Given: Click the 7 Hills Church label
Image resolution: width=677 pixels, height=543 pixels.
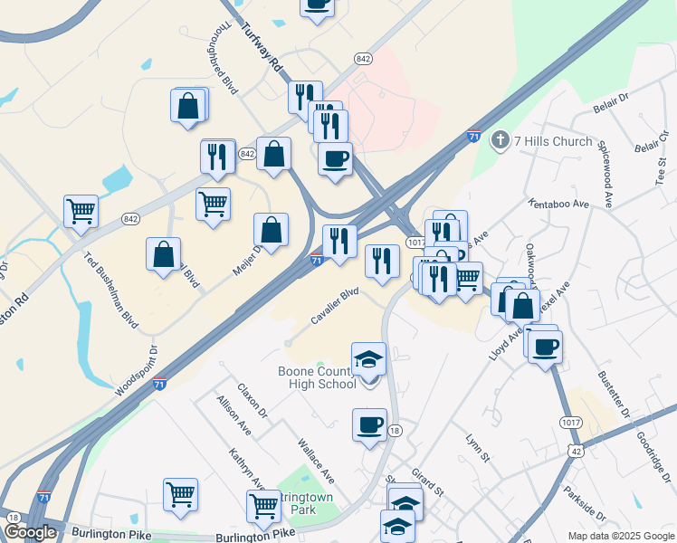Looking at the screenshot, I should click(x=553, y=141).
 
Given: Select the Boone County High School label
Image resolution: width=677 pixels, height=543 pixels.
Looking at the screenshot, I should click(x=316, y=377).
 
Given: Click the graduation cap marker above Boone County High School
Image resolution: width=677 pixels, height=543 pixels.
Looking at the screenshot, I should click(x=368, y=360).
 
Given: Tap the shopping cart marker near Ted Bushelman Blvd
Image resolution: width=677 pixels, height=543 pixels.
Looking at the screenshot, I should click(x=81, y=213).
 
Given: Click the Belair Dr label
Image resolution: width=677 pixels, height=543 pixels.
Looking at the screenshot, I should click(x=611, y=100).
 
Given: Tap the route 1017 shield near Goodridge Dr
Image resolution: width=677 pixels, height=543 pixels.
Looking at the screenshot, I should click(x=570, y=421).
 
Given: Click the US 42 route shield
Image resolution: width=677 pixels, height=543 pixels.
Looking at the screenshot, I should click(x=577, y=450).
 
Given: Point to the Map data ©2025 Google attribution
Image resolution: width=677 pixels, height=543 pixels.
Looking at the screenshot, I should click(x=619, y=536).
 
